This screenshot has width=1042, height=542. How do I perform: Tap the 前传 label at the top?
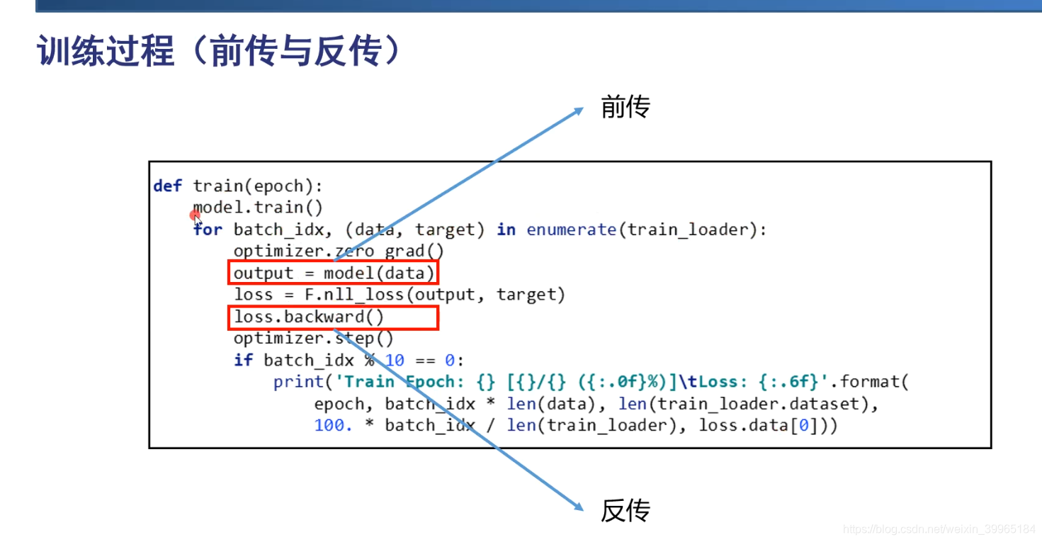pyautogui.click(x=625, y=107)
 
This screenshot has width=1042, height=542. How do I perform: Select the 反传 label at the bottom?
pyautogui.click(x=625, y=510)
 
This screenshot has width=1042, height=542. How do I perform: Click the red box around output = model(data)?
pyautogui.click(x=333, y=273)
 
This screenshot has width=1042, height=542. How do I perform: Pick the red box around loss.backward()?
pyautogui.click(x=333, y=317)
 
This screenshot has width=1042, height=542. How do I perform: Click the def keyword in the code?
pyautogui.click(x=167, y=186)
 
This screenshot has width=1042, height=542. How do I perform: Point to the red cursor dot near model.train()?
pyautogui.click(x=195, y=214)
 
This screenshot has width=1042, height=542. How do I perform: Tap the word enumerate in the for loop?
pyautogui.click(x=571, y=230)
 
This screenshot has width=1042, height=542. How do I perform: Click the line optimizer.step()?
pyautogui.click(x=313, y=339)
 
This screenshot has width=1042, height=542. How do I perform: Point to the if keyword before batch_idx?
pyautogui.click(x=243, y=361)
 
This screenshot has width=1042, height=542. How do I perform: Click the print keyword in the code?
pyautogui.click(x=298, y=383)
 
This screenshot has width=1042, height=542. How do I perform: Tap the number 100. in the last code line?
pyautogui.click(x=333, y=426)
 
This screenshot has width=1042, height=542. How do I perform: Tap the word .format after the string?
pyautogui.click(x=869, y=383)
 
